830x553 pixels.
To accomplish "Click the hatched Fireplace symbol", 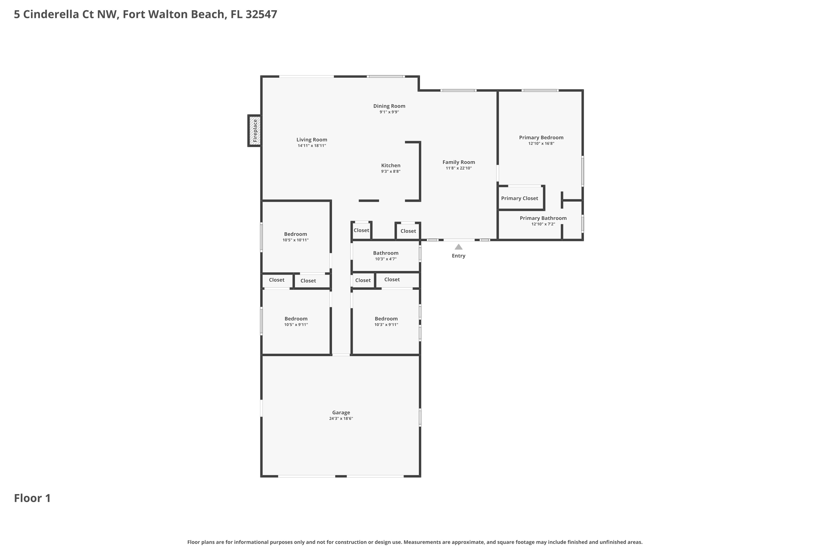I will [255, 131].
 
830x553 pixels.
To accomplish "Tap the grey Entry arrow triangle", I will [458, 247].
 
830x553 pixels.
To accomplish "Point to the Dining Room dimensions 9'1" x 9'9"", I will [389, 112].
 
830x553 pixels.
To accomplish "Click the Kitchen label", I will [391, 165].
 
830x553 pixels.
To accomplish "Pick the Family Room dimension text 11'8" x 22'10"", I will [459, 168].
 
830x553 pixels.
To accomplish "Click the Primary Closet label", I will [520, 198].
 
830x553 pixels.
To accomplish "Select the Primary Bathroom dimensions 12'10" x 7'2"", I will [543, 224].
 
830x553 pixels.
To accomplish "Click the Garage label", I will [341, 413].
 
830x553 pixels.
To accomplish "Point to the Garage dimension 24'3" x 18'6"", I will [341, 419].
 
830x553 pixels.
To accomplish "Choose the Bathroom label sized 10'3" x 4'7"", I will [386, 253].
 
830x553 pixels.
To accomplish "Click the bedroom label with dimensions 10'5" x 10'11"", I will [295, 234].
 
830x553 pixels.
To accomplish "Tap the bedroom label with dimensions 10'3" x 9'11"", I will [386, 319].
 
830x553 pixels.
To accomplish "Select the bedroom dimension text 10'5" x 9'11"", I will [296, 325].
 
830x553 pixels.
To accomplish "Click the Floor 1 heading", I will [32, 498].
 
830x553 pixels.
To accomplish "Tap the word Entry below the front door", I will [458, 256].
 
